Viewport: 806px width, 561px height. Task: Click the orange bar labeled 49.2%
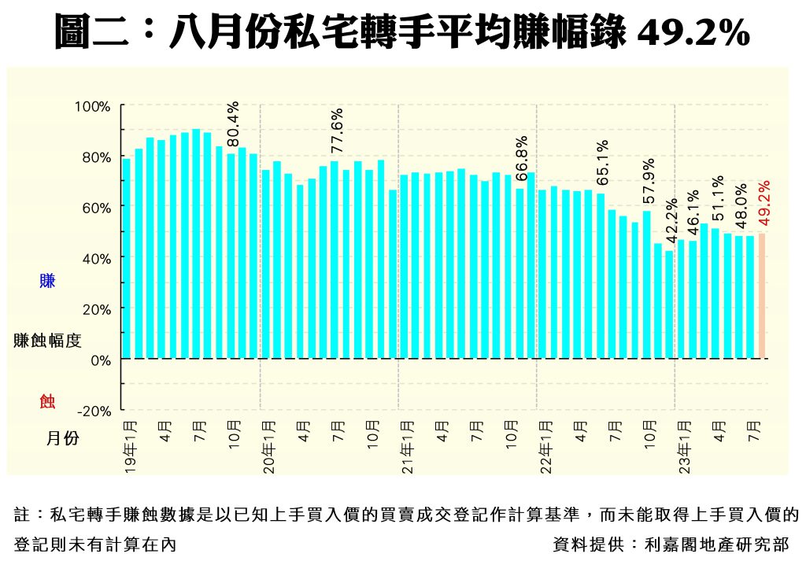[761, 296]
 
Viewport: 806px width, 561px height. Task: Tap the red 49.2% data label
[763, 203]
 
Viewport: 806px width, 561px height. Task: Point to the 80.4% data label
[232, 124]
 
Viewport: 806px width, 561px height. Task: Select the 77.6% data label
[337, 131]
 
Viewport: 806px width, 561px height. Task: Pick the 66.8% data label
[520, 159]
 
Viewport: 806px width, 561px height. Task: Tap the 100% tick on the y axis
[93, 107]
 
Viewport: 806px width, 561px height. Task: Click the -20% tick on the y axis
[94, 411]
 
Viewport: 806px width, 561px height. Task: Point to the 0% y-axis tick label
[102, 360]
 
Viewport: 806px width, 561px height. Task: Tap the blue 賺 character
[47, 281]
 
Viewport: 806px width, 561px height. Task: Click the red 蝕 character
[47, 402]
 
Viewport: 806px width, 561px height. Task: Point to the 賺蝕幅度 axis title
[47, 341]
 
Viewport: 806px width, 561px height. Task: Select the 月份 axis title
[62, 438]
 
